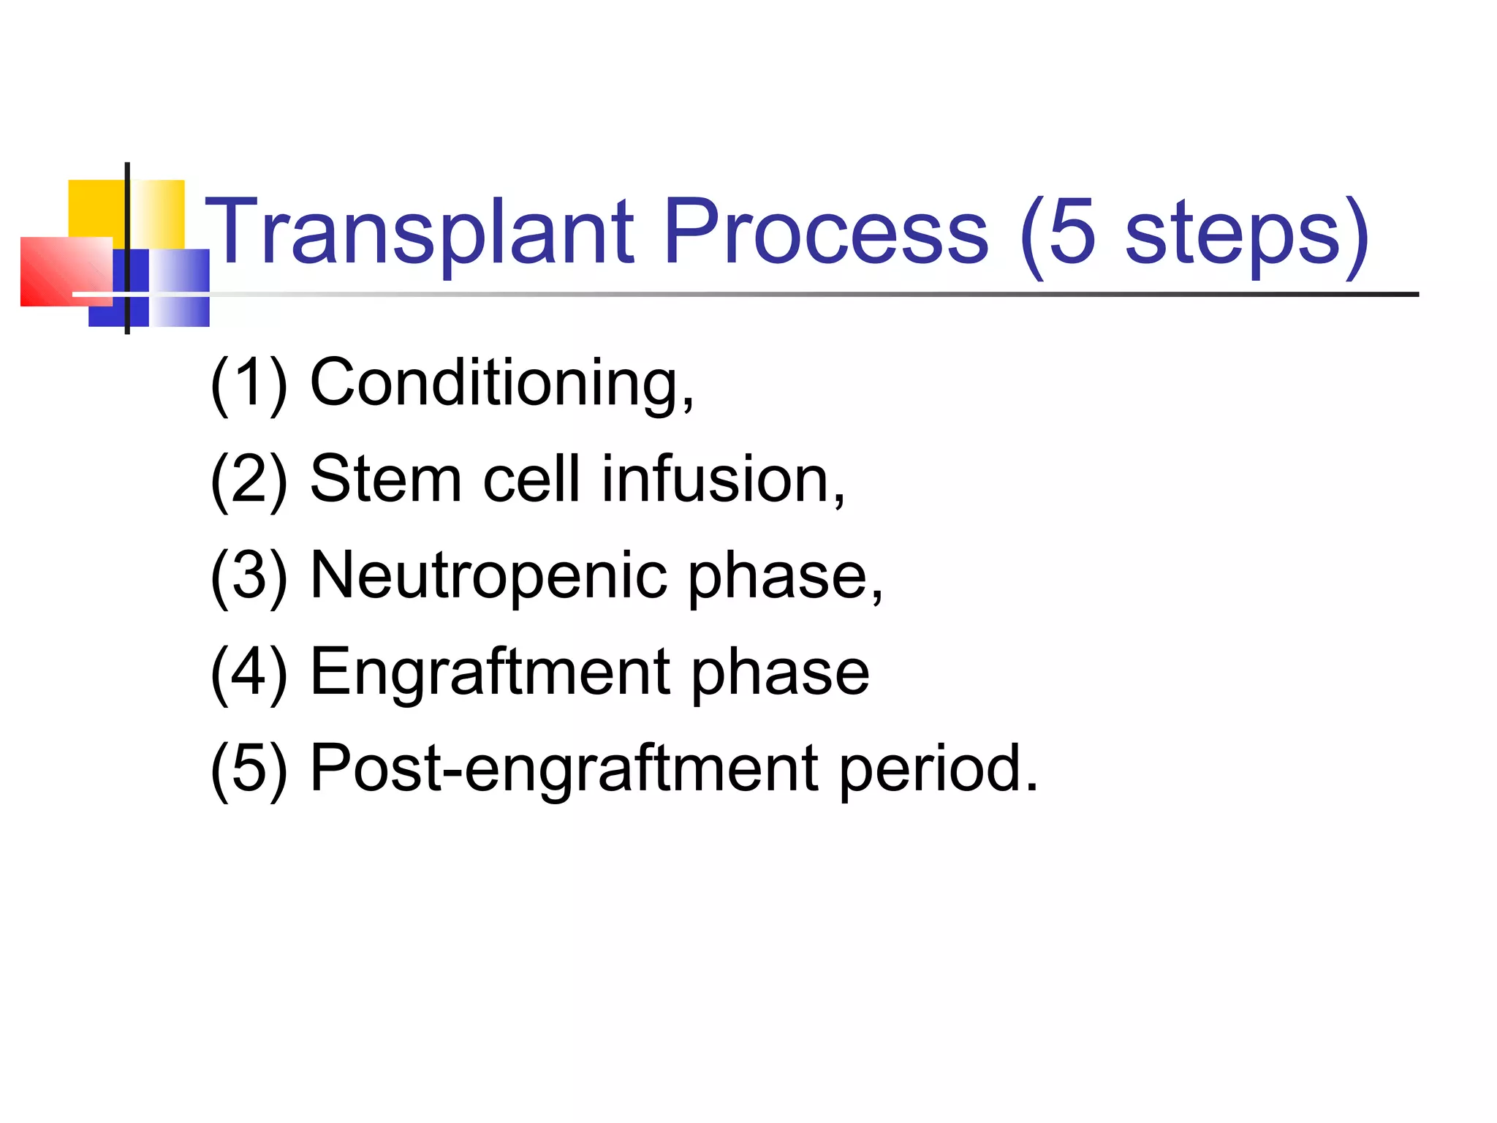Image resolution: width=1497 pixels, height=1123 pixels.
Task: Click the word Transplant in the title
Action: coord(420,232)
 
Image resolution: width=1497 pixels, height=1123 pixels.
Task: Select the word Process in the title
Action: coord(826,232)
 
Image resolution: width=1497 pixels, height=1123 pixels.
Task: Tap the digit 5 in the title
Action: coord(1072,232)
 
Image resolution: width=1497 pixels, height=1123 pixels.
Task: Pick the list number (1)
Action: coord(249,383)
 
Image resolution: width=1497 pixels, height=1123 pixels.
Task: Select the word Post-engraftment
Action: coord(564,769)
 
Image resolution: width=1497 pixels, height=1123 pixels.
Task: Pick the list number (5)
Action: coord(249,769)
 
